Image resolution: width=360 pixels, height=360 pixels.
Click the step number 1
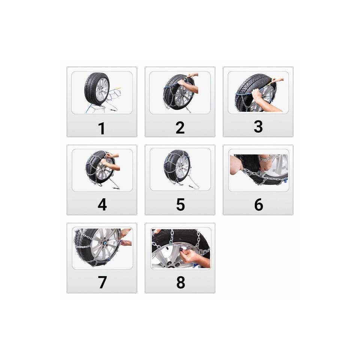pos(102,128)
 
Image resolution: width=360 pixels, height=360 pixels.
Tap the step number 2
pos(180,127)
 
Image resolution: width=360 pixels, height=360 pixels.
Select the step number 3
pos(258,126)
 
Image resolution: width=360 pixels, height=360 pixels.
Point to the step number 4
pos(102,205)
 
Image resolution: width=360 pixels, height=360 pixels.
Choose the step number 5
pos(180,205)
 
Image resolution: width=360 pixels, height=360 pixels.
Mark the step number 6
pos(258,204)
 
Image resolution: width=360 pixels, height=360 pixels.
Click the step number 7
pos(102,282)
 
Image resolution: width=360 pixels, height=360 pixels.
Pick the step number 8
pos(181,282)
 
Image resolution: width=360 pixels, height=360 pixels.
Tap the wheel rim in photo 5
pos(182,168)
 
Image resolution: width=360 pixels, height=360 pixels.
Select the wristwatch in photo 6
pos(265,158)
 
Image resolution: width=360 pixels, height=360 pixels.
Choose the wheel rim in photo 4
pos(105,169)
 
